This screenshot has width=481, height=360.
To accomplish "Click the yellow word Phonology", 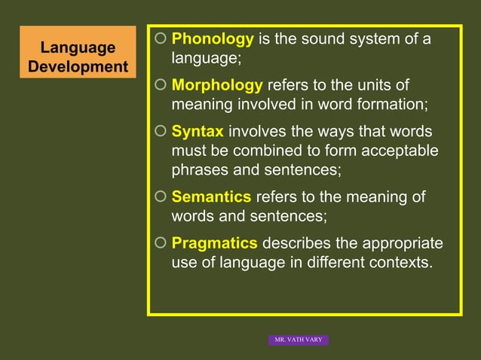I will (x=213, y=39).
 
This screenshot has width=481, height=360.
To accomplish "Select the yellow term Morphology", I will (x=217, y=86).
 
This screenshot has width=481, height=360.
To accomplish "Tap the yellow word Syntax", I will (x=198, y=132).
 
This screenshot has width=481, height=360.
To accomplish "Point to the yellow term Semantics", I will (x=211, y=197).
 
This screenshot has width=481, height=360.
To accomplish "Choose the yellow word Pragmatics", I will (x=215, y=244).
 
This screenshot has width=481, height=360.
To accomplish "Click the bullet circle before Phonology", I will (x=159, y=38).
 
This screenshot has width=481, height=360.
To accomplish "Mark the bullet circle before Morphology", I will (x=159, y=85).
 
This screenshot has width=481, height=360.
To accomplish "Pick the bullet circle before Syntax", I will (x=159, y=132).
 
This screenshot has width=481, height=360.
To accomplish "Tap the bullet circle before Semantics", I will (x=159, y=197).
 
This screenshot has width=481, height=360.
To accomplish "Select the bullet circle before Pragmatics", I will (x=159, y=244).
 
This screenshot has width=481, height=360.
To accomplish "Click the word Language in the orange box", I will (x=78, y=48).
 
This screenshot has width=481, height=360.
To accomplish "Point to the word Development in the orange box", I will (x=78, y=66).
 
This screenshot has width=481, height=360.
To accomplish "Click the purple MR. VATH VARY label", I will (x=299, y=340).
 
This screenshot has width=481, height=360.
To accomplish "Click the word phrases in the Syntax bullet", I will (x=201, y=169).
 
